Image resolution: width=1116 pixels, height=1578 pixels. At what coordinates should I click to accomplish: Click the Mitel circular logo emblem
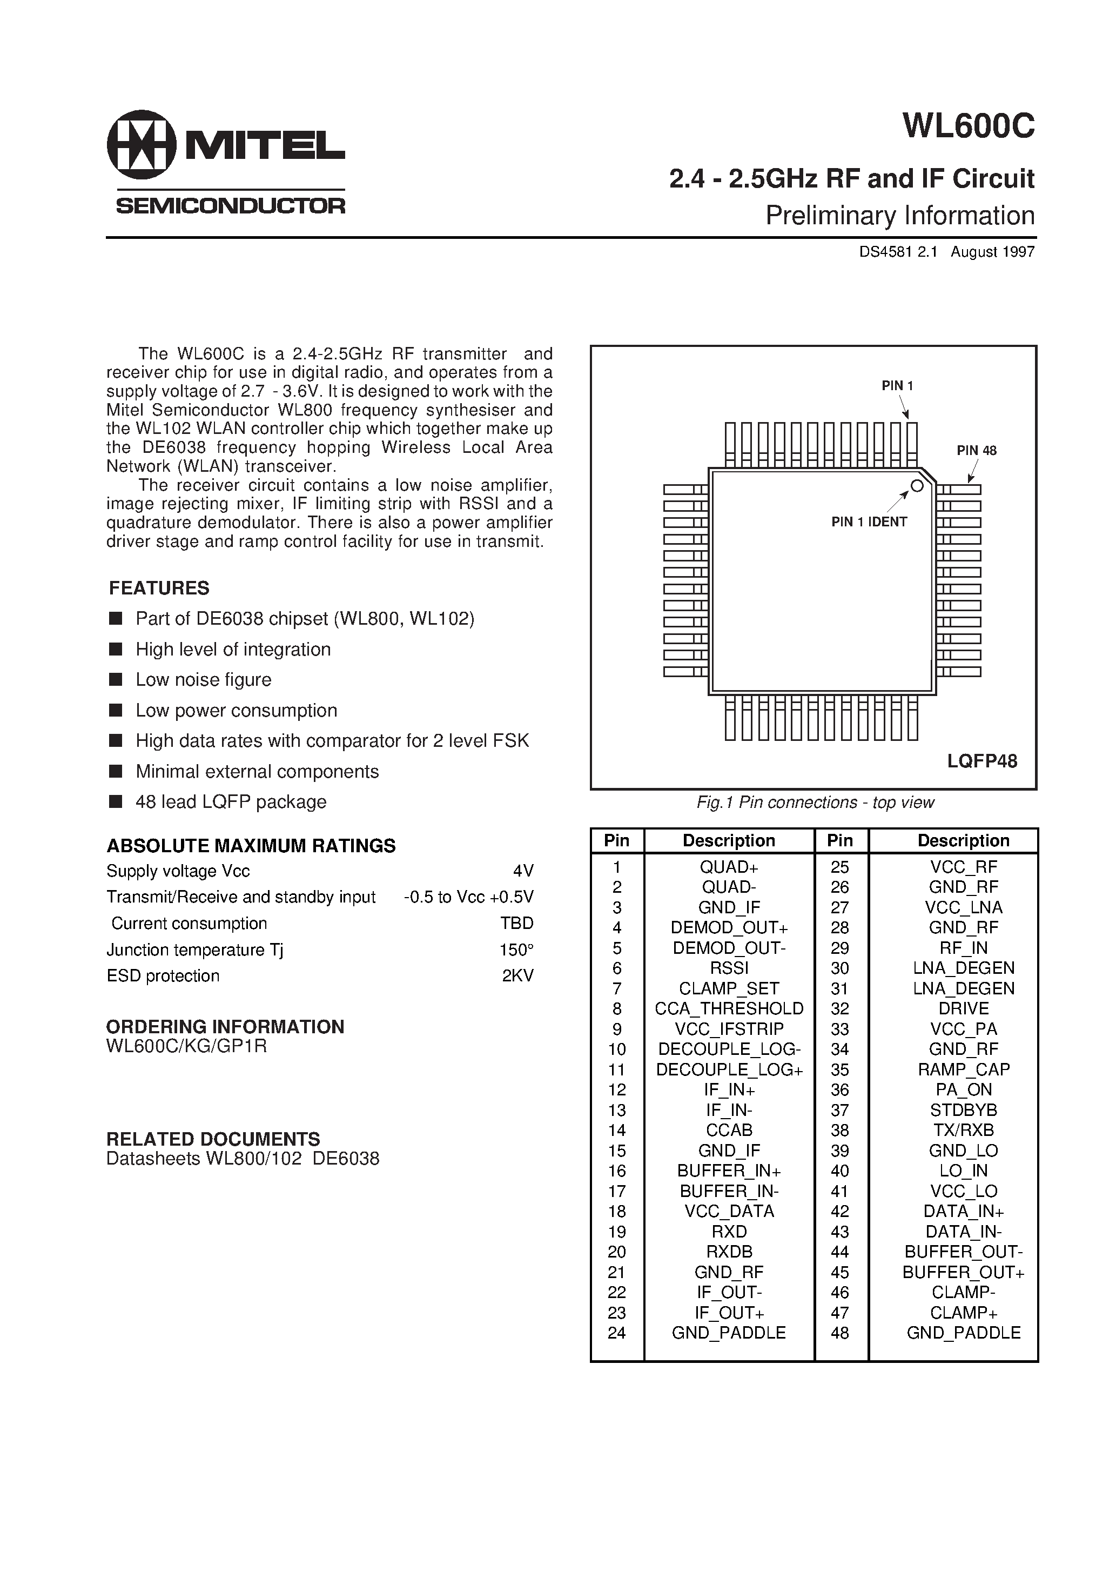coord(142,144)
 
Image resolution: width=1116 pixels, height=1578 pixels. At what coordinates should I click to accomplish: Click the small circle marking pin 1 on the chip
coord(917,486)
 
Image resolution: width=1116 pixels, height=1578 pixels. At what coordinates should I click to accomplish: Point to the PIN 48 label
coord(977,451)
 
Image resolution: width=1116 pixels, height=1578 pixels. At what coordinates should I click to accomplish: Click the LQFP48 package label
coord(982,761)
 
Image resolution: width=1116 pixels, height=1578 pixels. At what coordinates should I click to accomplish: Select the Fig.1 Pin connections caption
coord(815,803)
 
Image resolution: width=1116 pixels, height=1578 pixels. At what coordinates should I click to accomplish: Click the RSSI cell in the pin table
coord(729,968)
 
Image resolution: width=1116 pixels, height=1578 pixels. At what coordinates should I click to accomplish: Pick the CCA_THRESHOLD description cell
coord(729,1009)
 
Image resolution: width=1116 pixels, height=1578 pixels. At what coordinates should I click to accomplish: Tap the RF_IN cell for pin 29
coord(964,948)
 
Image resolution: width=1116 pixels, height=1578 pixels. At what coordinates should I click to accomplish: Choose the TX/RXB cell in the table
coord(964,1131)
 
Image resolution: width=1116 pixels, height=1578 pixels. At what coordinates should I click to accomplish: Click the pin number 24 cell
coord(616,1333)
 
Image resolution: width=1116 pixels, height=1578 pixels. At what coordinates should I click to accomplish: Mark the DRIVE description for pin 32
coord(964,1009)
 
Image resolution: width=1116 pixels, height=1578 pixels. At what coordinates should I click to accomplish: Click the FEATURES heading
coord(159,589)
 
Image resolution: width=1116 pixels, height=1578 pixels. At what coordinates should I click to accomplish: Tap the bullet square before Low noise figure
coord(116,680)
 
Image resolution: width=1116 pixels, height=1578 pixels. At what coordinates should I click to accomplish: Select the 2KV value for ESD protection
coord(517,976)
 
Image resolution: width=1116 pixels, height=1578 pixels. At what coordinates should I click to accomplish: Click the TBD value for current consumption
coord(517,924)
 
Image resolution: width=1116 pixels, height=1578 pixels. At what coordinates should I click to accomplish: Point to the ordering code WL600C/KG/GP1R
coord(186,1046)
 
